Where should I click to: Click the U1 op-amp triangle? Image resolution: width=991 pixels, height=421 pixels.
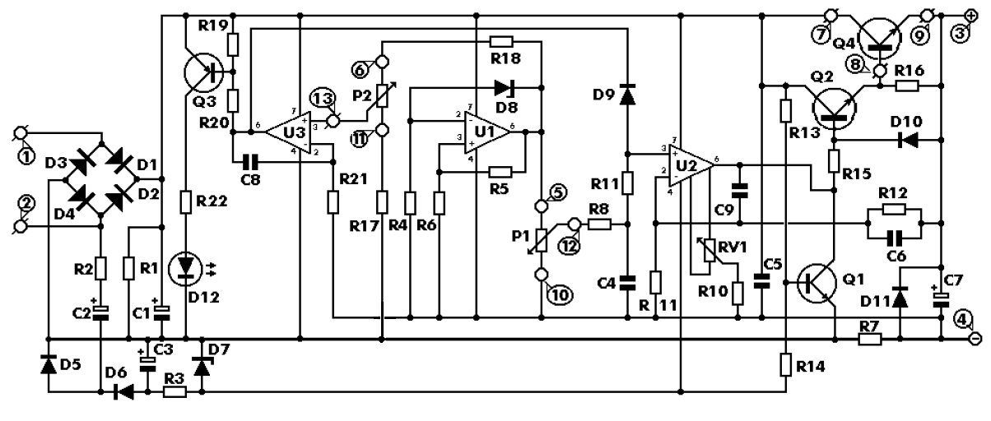coord(486,132)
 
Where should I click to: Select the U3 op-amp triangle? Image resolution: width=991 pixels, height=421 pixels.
coord(289,132)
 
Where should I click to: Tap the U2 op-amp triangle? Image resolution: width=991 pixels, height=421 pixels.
coord(691,165)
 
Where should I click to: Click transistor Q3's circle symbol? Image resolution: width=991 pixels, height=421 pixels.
coord(203,73)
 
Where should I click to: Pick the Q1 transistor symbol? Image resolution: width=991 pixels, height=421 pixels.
coord(817,283)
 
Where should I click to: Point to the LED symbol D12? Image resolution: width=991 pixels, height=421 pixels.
coord(185,268)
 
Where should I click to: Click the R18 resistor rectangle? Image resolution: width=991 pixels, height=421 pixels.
coord(501,42)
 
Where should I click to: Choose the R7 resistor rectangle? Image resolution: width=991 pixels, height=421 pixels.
coord(870,340)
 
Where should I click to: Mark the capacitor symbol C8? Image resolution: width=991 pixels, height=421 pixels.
coord(250,164)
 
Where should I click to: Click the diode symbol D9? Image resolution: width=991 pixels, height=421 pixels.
coord(627,95)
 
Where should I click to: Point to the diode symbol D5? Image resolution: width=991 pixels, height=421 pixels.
coord(49,363)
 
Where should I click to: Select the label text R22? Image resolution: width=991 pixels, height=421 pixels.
coord(212,201)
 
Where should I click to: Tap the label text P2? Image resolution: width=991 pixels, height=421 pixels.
coord(362,95)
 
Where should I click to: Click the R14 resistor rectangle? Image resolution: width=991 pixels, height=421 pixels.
coord(785,364)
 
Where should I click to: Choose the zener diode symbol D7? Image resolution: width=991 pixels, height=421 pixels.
coord(202,366)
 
